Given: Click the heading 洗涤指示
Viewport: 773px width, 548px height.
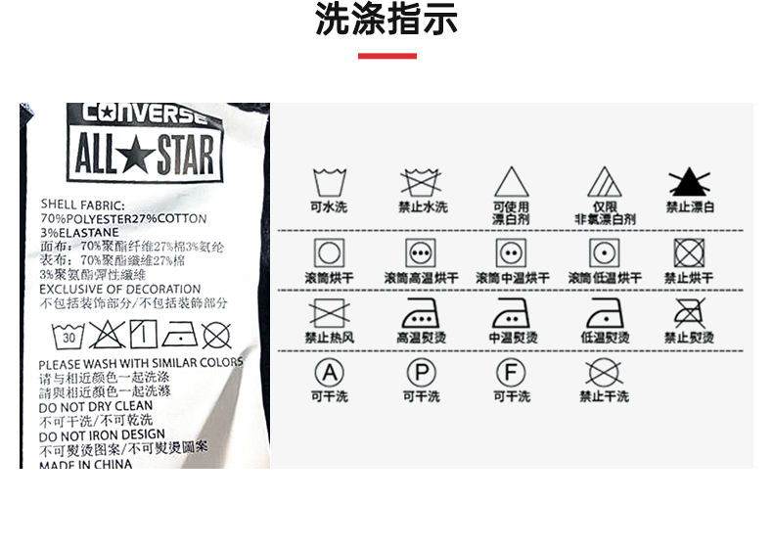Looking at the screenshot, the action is (x=386, y=22).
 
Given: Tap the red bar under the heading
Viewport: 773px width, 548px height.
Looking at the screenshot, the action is (x=386, y=56).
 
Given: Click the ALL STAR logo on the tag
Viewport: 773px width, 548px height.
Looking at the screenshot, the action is (x=145, y=157).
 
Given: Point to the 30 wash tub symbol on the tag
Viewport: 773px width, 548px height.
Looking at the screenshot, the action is (x=68, y=337).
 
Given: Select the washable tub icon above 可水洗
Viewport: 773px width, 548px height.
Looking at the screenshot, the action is (x=329, y=182).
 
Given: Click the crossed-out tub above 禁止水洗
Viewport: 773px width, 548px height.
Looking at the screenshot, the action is (x=422, y=182).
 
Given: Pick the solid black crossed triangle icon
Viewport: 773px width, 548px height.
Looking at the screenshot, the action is (x=690, y=183).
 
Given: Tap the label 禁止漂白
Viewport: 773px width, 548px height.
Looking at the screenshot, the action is (x=690, y=207).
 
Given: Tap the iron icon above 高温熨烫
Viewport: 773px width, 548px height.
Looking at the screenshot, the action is (x=422, y=313).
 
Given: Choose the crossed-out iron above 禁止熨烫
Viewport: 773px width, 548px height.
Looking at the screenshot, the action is (x=690, y=313).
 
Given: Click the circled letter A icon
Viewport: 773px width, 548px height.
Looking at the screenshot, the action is (x=329, y=373).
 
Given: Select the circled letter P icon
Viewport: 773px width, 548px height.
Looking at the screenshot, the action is (x=422, y=373).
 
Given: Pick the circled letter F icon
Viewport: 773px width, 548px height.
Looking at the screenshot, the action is (x=511, y=373).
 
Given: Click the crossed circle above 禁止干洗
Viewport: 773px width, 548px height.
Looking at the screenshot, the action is (x=604, y=373).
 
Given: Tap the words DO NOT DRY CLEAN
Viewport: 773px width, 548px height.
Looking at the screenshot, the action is (x=96, y=406).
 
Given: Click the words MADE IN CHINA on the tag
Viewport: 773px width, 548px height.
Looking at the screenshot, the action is (x=86, y=464).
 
